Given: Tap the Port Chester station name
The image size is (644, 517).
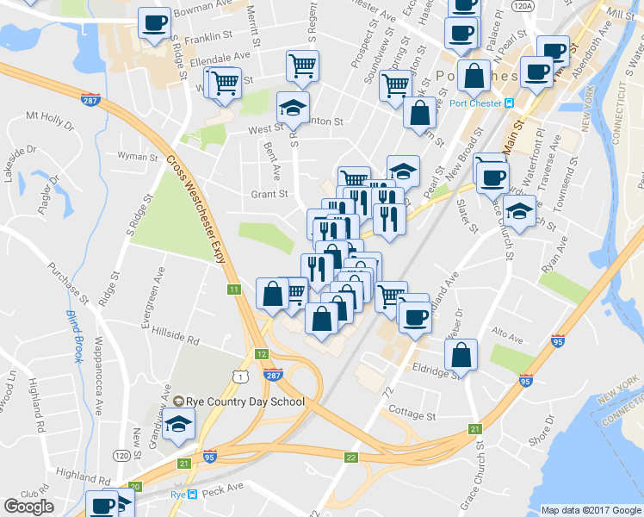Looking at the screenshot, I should [476, 104].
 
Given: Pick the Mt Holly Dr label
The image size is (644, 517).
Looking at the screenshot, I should [51, 115].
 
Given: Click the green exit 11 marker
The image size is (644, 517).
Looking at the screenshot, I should [234, 290].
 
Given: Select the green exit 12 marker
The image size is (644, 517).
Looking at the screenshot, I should [262, 354].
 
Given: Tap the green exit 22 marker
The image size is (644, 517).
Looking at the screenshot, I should [350, 458].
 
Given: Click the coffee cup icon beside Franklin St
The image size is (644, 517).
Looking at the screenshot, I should [156, 23].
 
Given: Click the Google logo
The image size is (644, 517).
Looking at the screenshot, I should [29, 507].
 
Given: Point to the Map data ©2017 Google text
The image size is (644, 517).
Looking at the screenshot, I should [591, 509].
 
